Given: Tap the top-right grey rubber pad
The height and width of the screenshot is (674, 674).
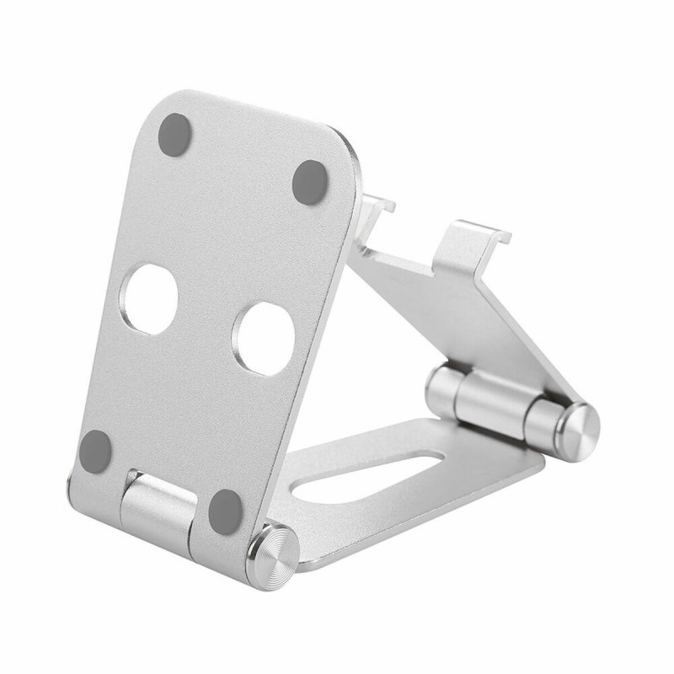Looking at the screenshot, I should coord(309,182).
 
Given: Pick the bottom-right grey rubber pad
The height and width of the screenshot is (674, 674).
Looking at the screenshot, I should coord(226,510).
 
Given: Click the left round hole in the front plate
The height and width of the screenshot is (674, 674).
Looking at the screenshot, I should coord(150,298).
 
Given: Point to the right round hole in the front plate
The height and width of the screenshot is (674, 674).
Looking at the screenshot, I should coord(265,338).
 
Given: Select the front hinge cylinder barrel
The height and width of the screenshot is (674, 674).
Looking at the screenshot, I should coord(157,511).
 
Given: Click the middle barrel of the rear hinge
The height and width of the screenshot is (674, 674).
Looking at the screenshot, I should coord(494,403).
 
